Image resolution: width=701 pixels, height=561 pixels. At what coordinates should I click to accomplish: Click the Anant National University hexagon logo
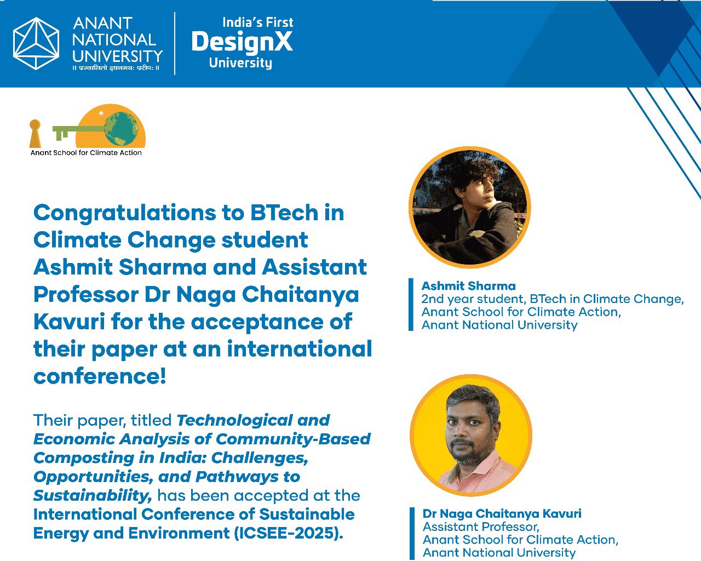[x=36, y=43]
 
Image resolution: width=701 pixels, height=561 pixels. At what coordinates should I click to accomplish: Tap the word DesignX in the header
[x=242, y=42]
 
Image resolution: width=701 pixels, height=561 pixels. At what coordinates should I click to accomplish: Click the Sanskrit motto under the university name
[x=116, y=68]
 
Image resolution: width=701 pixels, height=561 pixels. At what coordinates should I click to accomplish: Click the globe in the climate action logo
[x=121, y=129]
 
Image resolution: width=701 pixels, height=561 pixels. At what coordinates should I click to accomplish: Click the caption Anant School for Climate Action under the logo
[x=86, y=152]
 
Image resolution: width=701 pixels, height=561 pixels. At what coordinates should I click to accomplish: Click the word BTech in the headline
[x=284, y=213]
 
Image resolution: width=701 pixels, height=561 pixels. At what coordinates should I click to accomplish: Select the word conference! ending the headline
[x=100, y=376]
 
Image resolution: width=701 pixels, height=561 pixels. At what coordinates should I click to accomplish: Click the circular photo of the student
[x=470, y=207]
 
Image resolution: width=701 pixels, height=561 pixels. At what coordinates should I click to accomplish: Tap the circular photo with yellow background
[x=471, y=435]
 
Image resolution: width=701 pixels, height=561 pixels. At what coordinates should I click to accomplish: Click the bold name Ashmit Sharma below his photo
[x=468, y=286]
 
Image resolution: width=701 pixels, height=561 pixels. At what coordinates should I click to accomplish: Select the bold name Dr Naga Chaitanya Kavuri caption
[x=502, y=513]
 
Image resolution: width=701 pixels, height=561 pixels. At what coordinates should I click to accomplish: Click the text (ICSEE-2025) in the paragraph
[x=288, y=533]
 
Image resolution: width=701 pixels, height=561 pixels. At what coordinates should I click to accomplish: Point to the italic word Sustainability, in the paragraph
[x=93, y=495]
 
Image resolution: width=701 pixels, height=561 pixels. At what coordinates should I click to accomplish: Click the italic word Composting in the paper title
[x=84, y=458]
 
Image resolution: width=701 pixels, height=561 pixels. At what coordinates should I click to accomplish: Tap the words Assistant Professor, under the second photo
[x=481, y=527]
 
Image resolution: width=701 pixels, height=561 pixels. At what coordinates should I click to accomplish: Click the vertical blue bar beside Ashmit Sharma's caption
[x=411, y=305]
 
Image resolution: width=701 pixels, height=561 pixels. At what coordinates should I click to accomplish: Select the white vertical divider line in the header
[x=175, y=44]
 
